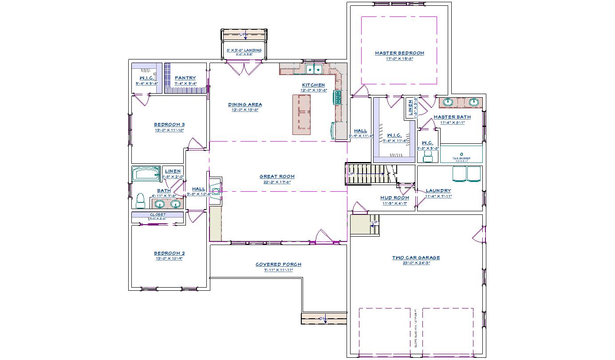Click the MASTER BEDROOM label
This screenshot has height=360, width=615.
(x=399, y=53)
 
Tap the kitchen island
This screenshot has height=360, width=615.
(x=302, y=114)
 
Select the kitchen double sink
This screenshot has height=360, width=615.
(x=314, y=69)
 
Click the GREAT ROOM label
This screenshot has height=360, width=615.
(x=277, y=177)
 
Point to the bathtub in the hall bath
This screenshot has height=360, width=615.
(x=146, y=174)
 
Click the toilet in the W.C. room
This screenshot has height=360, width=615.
(x=428, y=156)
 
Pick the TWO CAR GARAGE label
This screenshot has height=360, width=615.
(x=416, y=257)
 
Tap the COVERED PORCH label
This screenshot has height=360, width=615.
(x=278, y=265)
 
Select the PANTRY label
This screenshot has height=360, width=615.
(x=185, y=78)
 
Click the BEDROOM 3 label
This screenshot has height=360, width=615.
(x=169, y=125)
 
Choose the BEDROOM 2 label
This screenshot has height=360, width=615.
(x=169, y=253)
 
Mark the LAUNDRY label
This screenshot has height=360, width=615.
(x=438, y=191)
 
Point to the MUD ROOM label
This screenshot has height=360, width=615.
(x=394, y=198)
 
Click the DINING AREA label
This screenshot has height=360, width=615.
(x=245, y=105)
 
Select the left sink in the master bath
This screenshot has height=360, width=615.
(x=448, y=102)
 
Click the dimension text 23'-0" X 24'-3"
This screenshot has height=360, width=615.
(x=416, y=263)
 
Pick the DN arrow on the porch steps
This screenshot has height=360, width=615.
(x=323, y=319)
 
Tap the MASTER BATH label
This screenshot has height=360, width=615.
(x=452, y=117)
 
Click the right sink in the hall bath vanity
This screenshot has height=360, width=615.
(x=176, y=204)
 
